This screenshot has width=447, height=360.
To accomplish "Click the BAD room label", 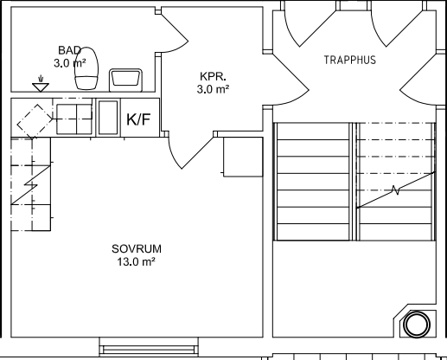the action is coord(69,50).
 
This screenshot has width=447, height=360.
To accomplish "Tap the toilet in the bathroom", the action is coord(86,68).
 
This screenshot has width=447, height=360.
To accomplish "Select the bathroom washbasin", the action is coord(125,80).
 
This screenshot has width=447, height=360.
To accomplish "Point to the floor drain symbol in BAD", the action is coord(41,84).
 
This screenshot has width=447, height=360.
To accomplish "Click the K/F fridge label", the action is coord(138,119).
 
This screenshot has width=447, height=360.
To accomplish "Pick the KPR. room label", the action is coord(213,76).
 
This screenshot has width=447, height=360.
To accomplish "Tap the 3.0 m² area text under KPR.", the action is coord(213,89).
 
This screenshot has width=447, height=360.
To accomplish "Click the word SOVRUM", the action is coord(137,248).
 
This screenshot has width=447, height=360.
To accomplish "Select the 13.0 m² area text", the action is coord(137,262).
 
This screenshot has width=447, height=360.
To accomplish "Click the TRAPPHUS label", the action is coord(350,60).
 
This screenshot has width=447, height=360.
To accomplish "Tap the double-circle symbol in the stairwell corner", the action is coord(417,325).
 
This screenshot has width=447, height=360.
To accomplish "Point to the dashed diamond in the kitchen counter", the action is coord(35,121).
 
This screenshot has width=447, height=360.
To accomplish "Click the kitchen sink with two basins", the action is coord(74,119).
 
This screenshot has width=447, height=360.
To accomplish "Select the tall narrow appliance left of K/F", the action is coord(108,118).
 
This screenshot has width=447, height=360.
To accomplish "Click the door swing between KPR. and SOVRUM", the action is coord(187,153).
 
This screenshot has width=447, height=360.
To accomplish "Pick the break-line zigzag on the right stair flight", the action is coord(396,190).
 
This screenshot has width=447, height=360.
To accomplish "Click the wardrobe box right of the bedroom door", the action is coord(243,157).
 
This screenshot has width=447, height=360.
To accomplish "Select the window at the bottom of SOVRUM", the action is coord(149,347).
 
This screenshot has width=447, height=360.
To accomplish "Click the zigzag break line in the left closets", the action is coord(30,185).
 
